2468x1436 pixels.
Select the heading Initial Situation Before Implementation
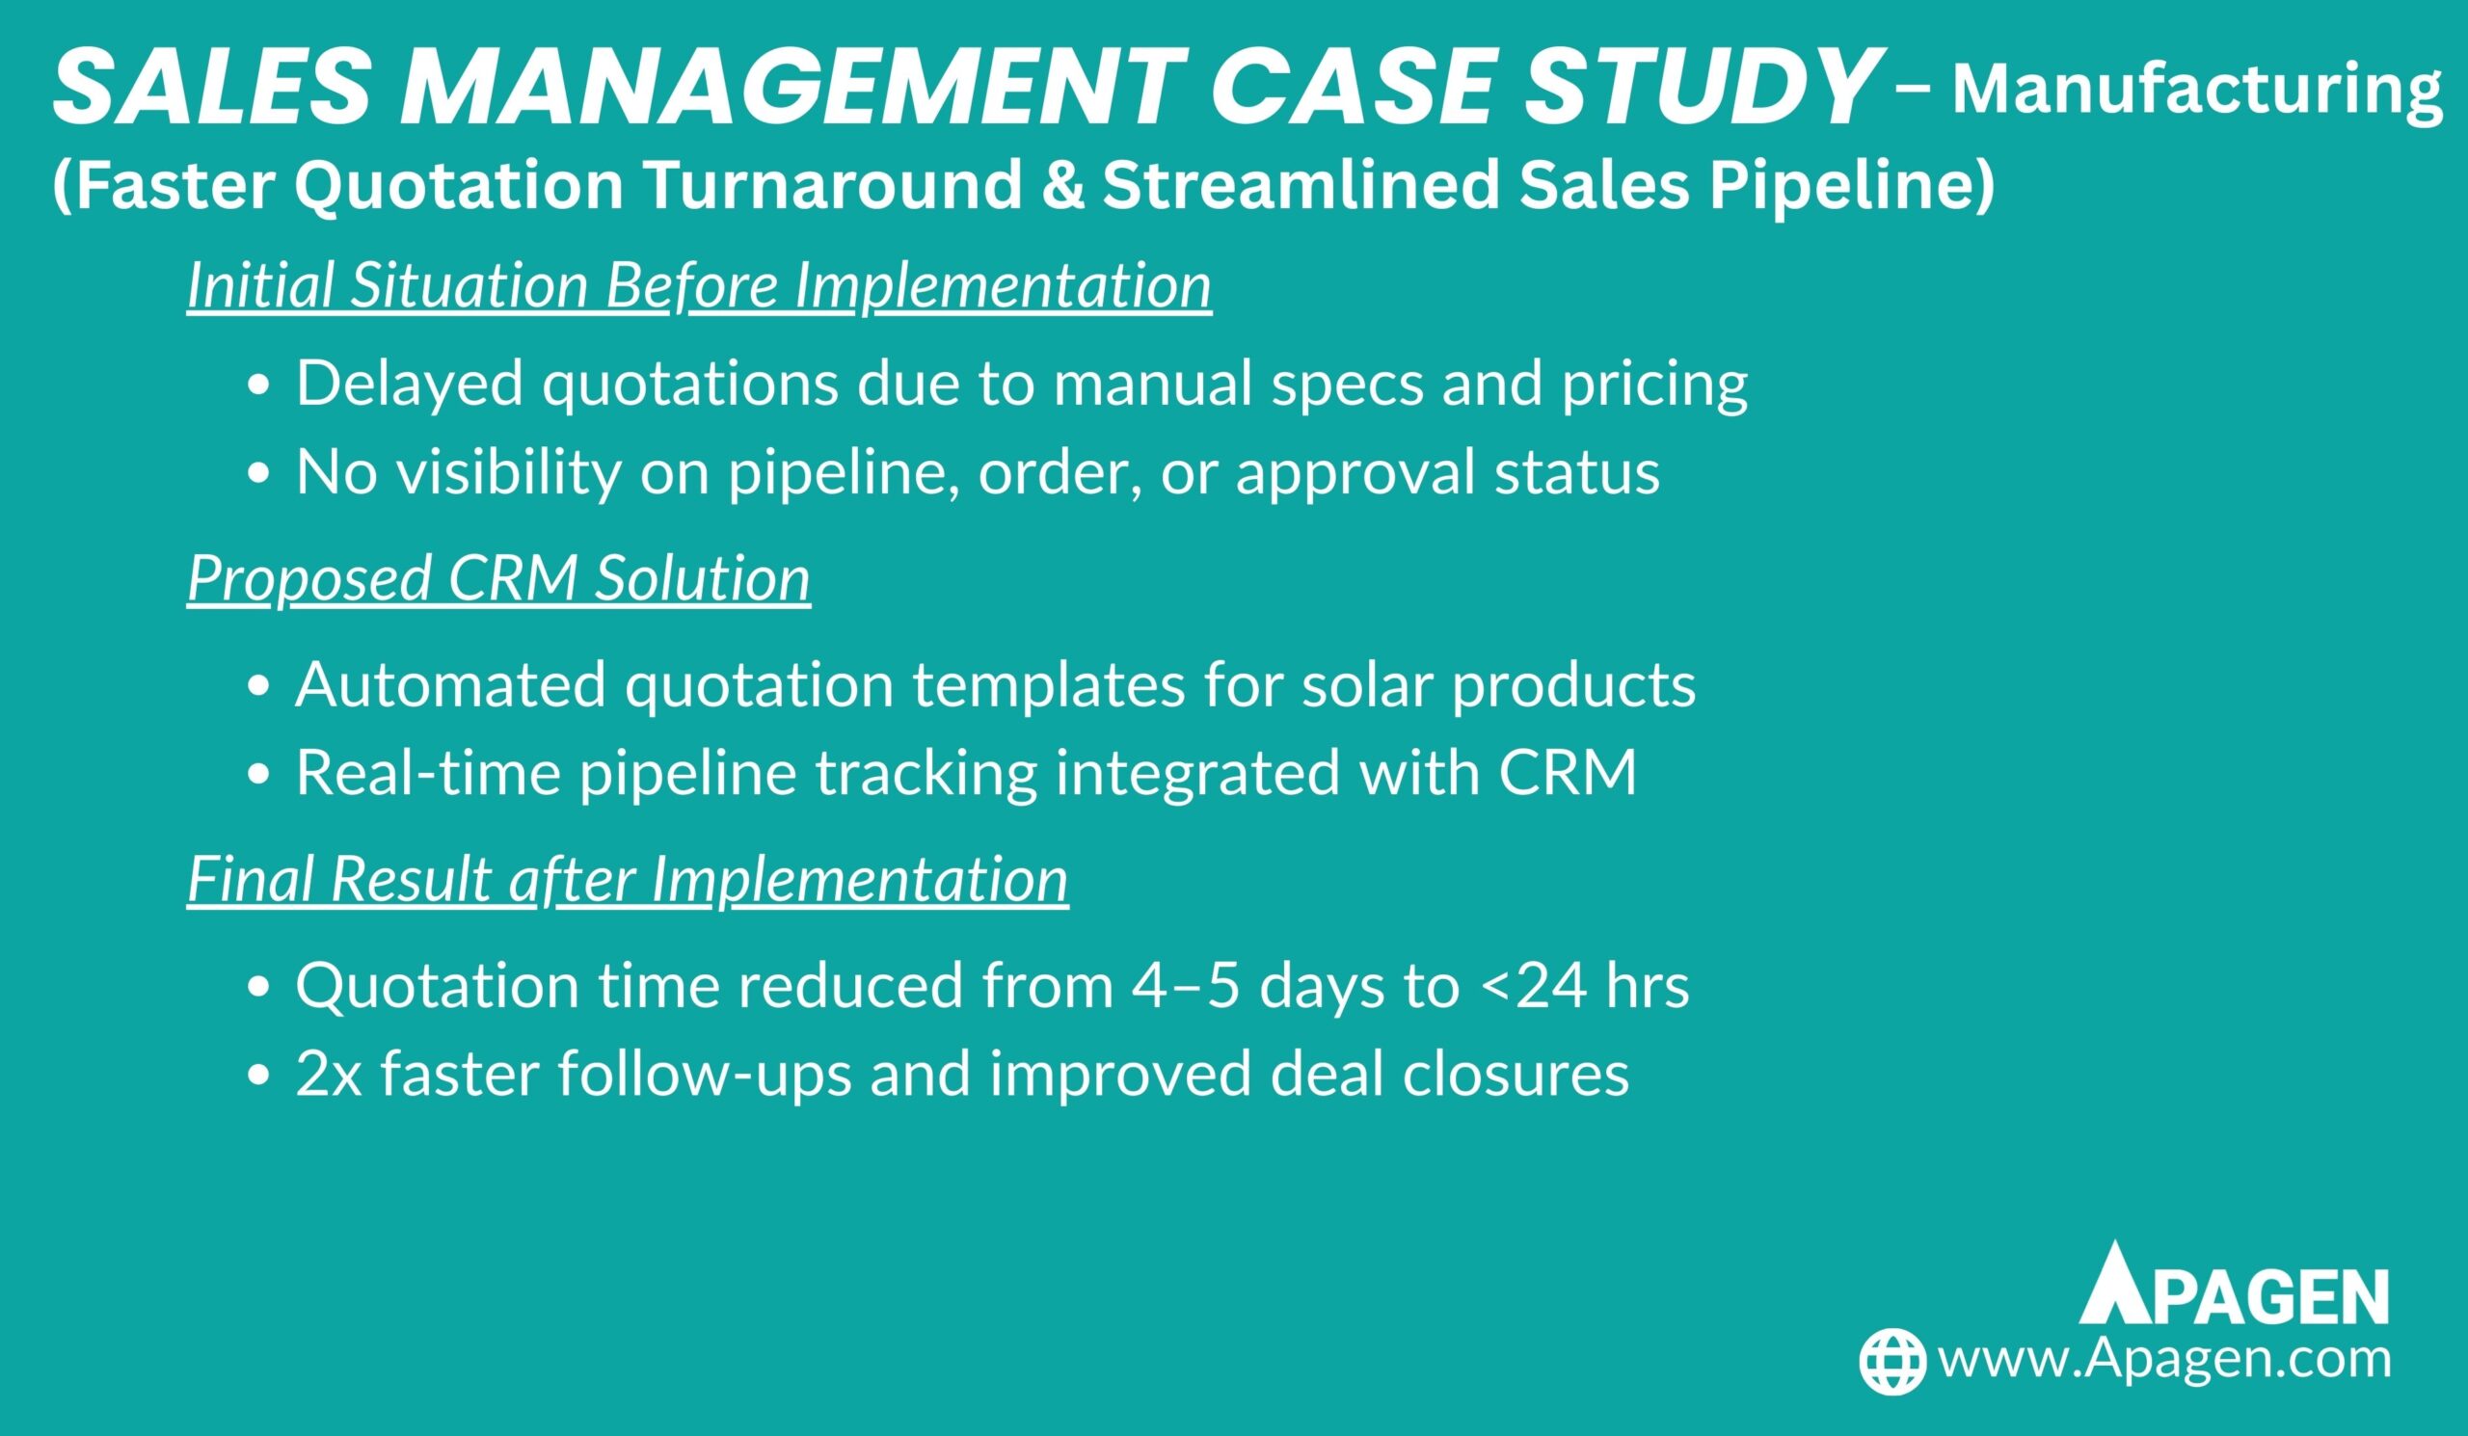click(699, 285)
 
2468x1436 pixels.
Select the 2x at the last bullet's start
click(329, 1074)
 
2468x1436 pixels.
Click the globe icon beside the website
click(1892, 1362)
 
